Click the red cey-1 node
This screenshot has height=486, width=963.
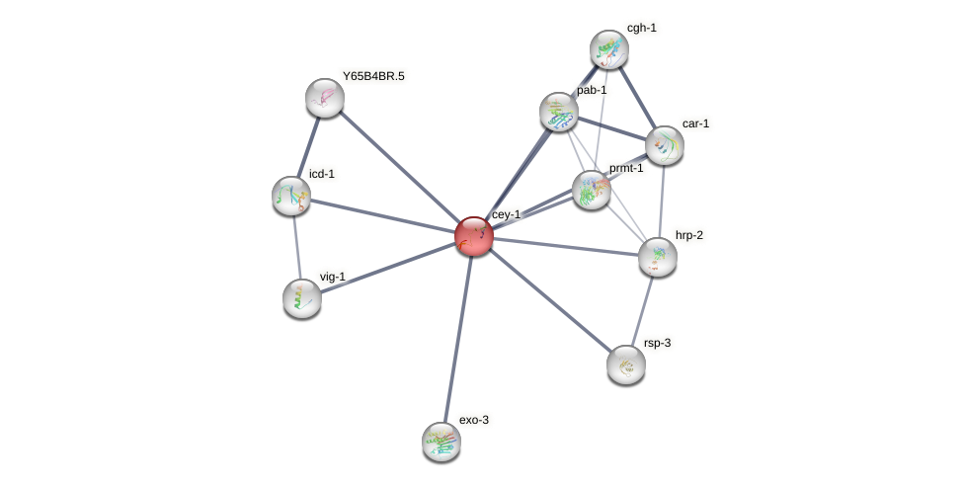pyautogui.click(x=474, y=236)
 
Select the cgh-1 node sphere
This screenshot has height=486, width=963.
pyautogui.click(x=609, y=49)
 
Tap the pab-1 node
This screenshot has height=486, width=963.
pyautogui.click(x=559, y=111)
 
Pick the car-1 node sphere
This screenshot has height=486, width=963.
pyautogui.click(x=665, y=145)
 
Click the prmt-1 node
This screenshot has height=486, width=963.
pyautogui.click(x=592, y=190)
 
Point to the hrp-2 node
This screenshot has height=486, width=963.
pyautogui.click(x=658, y=256)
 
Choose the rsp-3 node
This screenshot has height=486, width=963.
pyautogui.click(x=626, y=364)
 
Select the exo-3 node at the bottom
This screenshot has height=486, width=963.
pyautogui.click(x=441, y=441)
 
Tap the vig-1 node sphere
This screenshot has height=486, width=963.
pyautogui.click(x=302, y=297)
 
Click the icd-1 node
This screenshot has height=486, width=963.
pyautogui.click(x=291, y=195)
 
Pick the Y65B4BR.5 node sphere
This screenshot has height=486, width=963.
pyautogui.click(x=325, y=97)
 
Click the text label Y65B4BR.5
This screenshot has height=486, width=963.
pyautogui.click(x=373, y=76)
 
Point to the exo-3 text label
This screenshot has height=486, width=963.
pyautogui.click(x=474, y=420)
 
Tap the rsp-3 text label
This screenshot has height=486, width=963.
pyautogui.click(x=657, y=343)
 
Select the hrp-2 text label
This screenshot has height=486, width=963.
pyautogui.click(x=689, y=235)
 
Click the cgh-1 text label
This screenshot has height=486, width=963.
pyautogui.click(x=641, y=28)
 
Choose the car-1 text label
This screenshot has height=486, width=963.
pyautogui.click(x=695, y=123)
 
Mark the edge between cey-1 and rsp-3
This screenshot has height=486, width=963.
pyautogui.click(x=550, y=300)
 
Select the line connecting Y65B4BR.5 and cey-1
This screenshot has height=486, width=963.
pyautogui.click(x=399, y=166)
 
